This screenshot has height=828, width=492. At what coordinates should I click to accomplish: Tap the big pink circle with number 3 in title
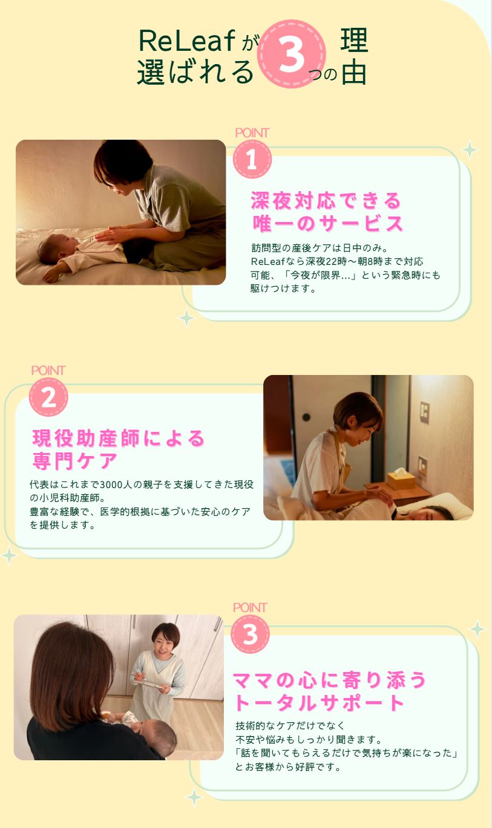coord(292,55)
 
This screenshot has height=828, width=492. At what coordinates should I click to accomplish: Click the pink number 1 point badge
coord(252,160)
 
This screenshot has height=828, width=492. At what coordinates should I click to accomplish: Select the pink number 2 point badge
coord(48,397)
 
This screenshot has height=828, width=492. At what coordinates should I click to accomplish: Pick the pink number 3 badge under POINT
coord(250,634)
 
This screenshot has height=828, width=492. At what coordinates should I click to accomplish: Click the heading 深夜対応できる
coord(326,200)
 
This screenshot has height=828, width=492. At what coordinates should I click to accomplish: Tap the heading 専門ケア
coord(74,461)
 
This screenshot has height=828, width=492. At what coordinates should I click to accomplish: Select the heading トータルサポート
coord(320,703)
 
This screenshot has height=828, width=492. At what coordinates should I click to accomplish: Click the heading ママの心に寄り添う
coord(330,680)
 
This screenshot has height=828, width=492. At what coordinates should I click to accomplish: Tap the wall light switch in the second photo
coord(425,412)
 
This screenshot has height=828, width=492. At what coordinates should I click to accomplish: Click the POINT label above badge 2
coord(48,370)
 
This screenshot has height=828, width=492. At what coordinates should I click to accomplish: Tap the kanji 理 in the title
coord(354,41)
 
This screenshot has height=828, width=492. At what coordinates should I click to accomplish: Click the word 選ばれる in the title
coord(195,72)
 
